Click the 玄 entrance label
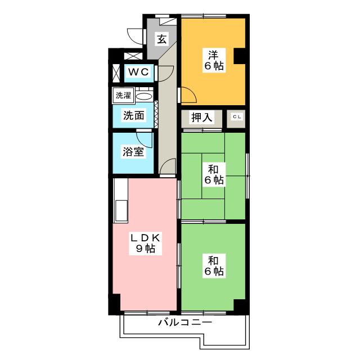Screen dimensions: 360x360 coord(161,39)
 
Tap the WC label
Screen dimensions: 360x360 coord(137,72)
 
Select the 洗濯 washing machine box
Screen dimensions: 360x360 coord(123,96)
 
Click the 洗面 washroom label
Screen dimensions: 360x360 coord(134,115)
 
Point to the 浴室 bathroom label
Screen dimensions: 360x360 coord(133,151)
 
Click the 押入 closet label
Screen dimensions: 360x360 coord(202,118)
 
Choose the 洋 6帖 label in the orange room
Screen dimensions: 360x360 coord(213,60)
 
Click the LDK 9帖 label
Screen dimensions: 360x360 coord(146,243)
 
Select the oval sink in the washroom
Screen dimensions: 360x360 coord(144,96)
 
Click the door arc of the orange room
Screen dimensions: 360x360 coord(188,96)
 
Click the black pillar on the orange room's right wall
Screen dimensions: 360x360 coord(240,56)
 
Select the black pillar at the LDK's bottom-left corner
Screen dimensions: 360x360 coord(115,304)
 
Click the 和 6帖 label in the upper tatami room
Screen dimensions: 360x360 coord(213,174)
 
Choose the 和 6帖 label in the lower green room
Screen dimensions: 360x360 coord(213,266)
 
